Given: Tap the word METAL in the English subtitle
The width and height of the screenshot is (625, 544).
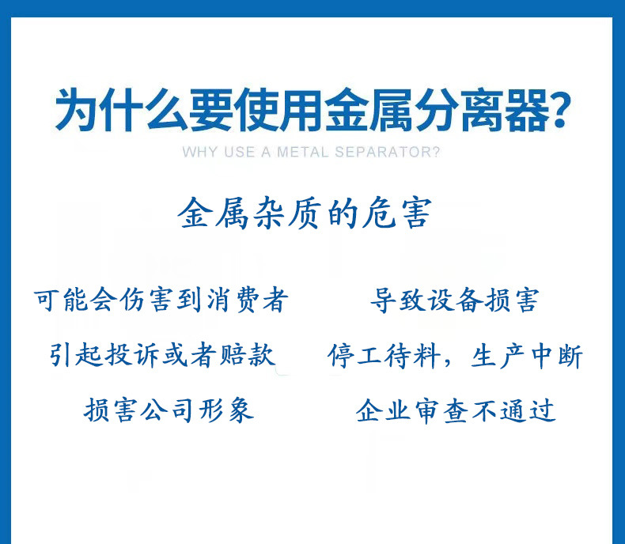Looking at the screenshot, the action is [302, 152].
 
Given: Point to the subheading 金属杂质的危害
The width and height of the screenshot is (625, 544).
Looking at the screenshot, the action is [305, 213].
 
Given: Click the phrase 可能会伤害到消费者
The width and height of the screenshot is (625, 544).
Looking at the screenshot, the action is [161, 300].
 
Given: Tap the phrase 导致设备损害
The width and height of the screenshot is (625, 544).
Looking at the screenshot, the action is [455, 300].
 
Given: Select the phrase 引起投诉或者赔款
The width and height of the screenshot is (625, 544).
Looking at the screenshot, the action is [163, 355].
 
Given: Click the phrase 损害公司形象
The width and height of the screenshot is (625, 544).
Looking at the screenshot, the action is [169, 410].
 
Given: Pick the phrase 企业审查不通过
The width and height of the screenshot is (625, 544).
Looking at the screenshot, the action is [456, 410].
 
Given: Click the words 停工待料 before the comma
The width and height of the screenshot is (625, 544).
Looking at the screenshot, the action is [384, 355].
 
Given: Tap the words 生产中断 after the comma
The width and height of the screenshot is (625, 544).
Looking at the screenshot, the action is [527, 355].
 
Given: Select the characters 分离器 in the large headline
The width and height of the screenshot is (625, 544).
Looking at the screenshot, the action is [482, 110].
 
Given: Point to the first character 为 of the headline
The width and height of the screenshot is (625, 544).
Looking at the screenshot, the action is [77, 110].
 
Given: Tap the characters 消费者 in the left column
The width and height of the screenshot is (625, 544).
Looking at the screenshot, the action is [247, 300].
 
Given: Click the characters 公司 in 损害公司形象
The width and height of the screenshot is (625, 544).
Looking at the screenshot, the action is [169, 410].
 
